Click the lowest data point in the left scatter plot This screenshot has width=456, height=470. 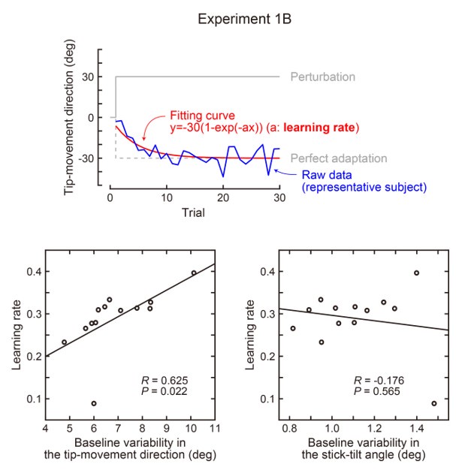[94, 403]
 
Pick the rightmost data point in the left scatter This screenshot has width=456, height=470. [194, 273]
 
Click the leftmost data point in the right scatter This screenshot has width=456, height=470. [293, 328]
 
